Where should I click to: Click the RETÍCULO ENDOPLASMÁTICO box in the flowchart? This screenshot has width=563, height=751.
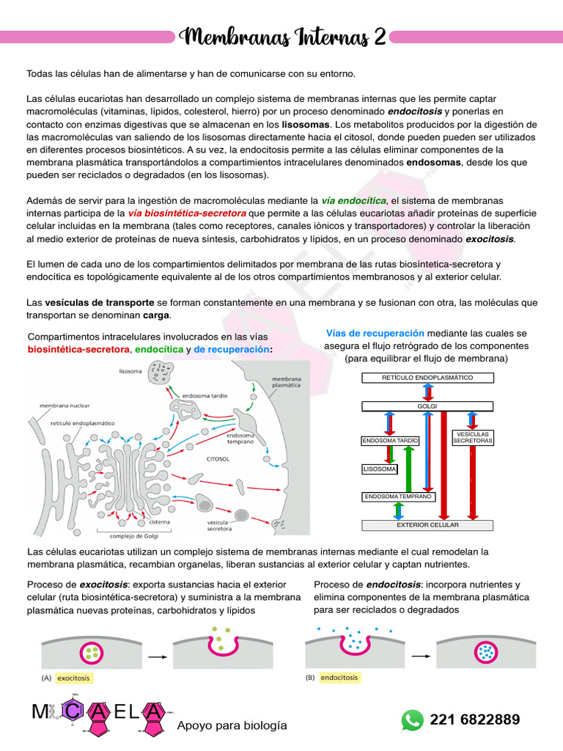pos(427,378)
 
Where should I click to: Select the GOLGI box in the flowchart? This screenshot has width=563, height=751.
pos(427,406)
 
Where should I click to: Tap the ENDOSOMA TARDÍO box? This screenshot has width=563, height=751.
pos(390,441)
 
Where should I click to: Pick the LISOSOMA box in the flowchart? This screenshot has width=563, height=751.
pos(380,469)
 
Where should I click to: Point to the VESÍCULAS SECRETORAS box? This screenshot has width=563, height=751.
pos(472,438)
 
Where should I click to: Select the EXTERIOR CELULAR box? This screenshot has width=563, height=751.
pos(427,525)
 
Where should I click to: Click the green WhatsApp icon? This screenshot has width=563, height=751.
pos(412,719)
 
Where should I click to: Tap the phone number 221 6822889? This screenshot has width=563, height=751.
pos(475,719)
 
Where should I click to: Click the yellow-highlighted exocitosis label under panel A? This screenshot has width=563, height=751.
pos(73,678)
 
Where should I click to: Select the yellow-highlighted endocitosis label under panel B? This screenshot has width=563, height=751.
pos(339,678)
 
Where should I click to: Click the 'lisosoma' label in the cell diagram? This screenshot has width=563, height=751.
pos(130,372)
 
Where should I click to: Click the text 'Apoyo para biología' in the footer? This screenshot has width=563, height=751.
pos(232,725)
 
